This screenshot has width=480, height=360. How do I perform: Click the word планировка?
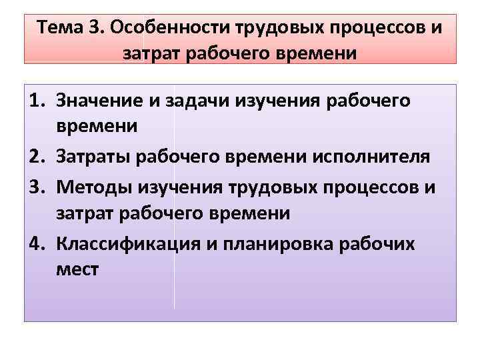[x=280, y=244]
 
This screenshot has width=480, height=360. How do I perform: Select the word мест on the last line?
[x=78, y=271]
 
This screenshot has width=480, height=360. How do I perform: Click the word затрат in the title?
[x=148, y=53]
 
